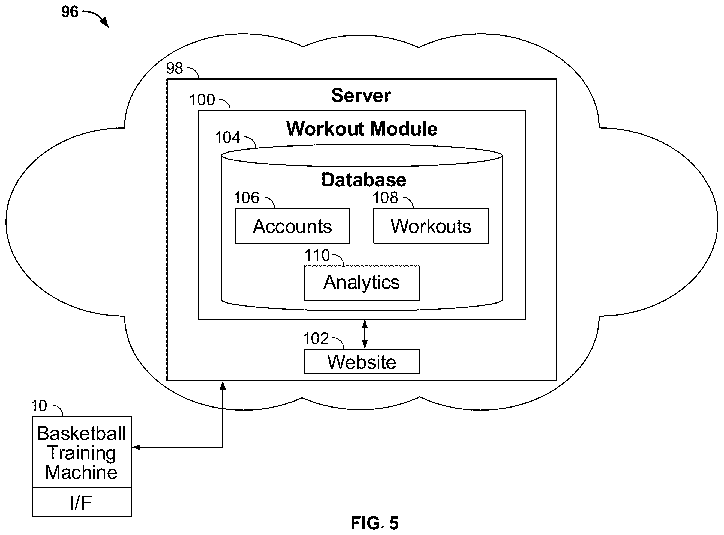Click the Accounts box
[x=292, y=226]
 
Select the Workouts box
[x=431, y=226]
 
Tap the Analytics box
[x=362, y=283]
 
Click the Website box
[x=362, y=361]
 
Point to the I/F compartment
[x=82, y=502]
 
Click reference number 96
[x=70, y=12]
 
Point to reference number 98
[x=174, y=68]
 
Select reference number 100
[x=202, y=99]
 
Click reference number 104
[x=227, y=137]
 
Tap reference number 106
[x=247, y=198]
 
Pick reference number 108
[x=385, y=198]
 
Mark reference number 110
[x=317, y=255]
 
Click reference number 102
[x=316, y=338]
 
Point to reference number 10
[x=39, y=406]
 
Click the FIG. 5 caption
[x=375, y=523]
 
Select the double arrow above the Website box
[x=365, y=334]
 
